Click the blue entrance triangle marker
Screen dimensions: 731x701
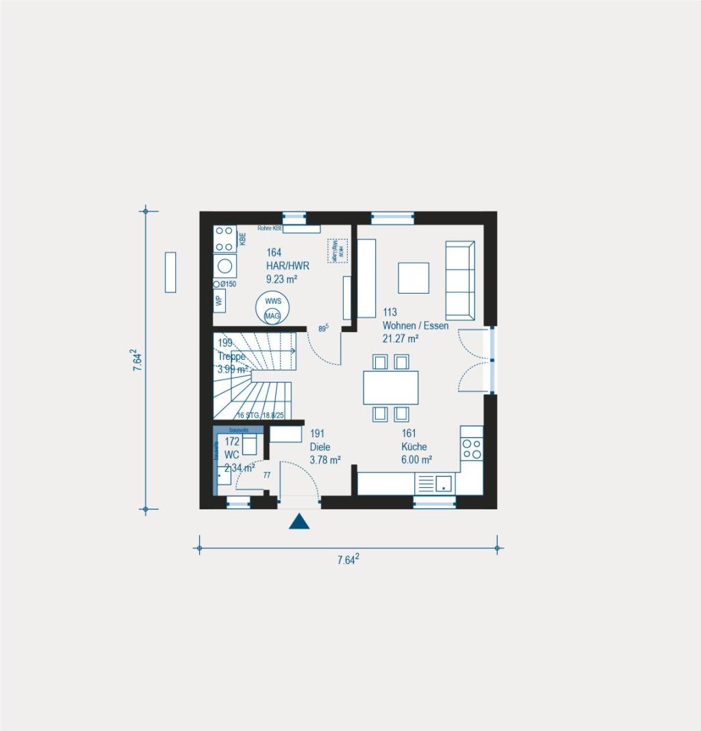point(299,522)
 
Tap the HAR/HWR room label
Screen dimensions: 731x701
point(283,266)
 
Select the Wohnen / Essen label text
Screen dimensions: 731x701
point(416,326)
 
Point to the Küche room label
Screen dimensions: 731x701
point(414,447)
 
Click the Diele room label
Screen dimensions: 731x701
point(319,447)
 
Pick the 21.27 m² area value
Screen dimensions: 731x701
point(400,338)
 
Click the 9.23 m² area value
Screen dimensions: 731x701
point(282,279)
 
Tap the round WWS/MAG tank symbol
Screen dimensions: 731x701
point(272,308)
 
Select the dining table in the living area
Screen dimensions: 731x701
point(391,387)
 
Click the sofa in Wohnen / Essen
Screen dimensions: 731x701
point(460,280)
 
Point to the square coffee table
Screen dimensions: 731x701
point(413,278)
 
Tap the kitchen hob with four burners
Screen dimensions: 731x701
point(472,448)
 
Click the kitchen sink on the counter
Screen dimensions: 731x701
point(444,484)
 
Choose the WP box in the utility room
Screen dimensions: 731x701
point(219,300)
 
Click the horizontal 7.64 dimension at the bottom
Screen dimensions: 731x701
point(348,560)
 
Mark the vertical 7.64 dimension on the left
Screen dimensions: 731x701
point(138,361)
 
